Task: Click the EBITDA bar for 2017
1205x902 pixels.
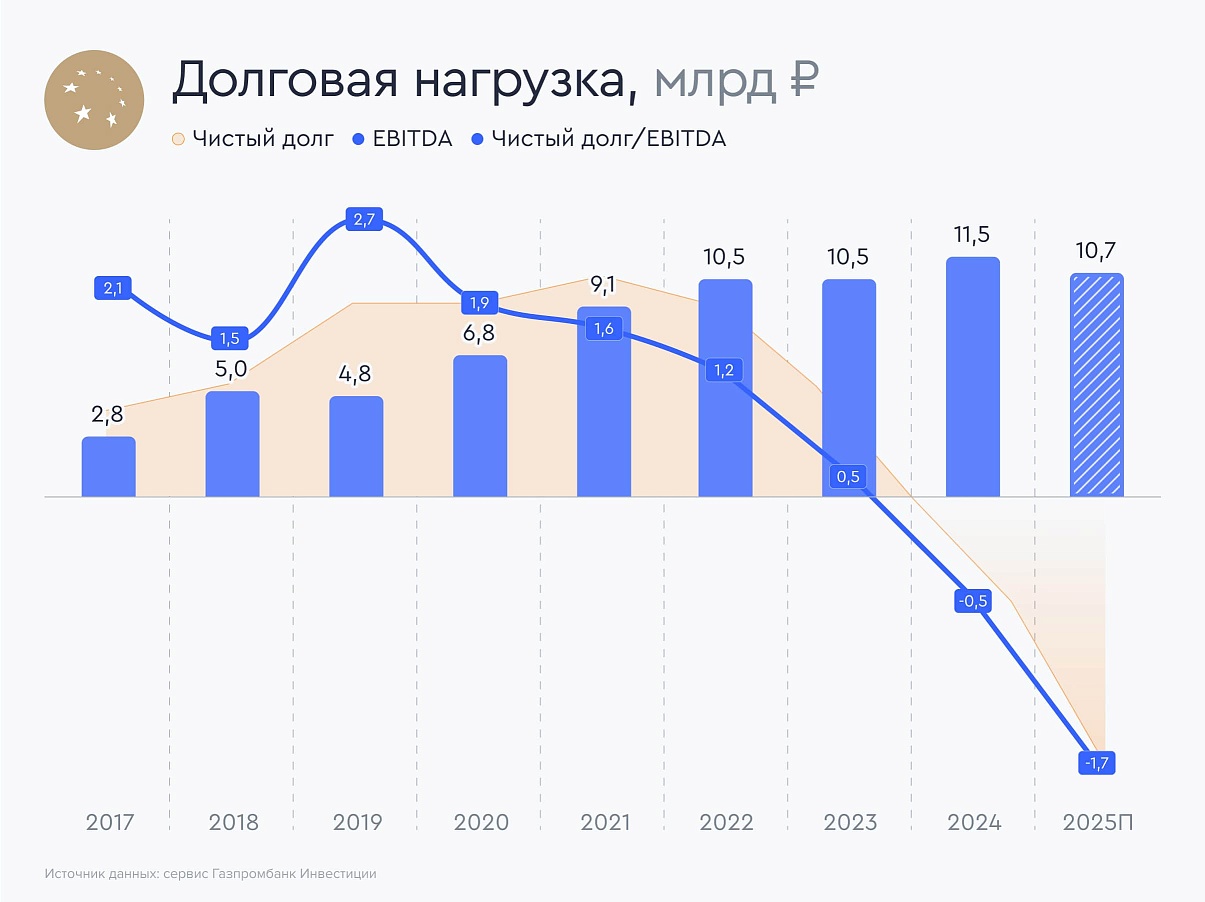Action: tap(108, 467)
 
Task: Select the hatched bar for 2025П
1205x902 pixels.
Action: tap(1097, 385)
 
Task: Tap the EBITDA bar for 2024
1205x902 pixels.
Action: tap(972, 377)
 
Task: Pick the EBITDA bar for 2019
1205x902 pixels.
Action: tap(356, 446)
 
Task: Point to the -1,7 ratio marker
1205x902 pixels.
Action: tap(1097, 763)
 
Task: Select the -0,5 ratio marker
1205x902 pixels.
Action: tap(972, 602)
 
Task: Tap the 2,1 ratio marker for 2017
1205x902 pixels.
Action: tap(112, 289)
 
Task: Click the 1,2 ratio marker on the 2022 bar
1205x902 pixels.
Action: tap(725, 370)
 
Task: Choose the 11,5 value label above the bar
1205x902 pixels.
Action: tap(972, 236)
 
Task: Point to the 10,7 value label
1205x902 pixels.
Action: tap(1097, 252)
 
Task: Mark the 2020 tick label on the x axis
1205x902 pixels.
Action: tap(481, 823)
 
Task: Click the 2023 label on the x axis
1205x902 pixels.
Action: tap(850, 823)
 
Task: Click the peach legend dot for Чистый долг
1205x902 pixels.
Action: tap(179, 139)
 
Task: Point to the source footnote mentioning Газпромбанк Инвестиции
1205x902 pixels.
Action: tap(210, 874)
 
